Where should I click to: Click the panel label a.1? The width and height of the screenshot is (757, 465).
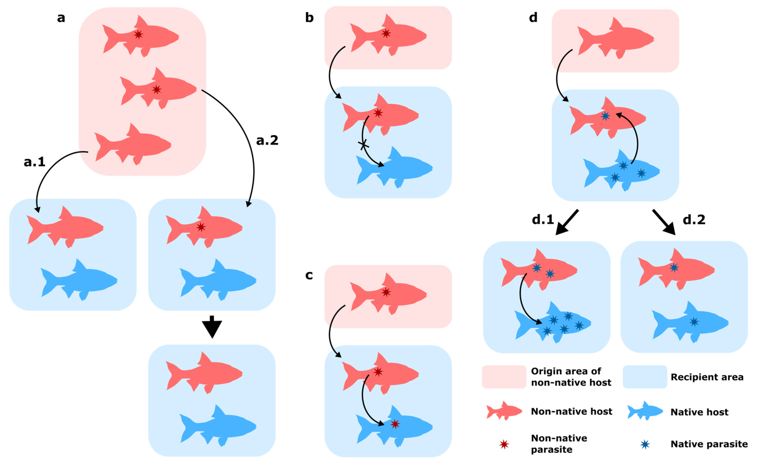(x=34, y=162)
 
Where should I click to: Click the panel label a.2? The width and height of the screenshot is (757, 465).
(x=267, y=141)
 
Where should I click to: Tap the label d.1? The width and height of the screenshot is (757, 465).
(x=543, y=220)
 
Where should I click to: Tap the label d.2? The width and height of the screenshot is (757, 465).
(x=694, y=220)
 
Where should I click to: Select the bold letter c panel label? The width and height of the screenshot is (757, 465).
(x=309, y=275)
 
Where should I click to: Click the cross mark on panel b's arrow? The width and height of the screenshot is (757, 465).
(x=364, y=145)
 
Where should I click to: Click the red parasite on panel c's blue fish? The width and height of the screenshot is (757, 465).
(x=395, y=424)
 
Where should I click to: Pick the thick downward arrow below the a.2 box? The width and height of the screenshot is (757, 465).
(x=212, y=327)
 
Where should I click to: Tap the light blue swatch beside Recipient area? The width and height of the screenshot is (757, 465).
(x=645, y=377)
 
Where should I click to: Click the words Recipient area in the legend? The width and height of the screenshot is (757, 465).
(x=707, y=377)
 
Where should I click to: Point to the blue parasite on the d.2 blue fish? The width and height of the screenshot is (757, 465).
(x=694, y=322)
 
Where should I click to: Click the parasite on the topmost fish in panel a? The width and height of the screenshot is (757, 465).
(x=138, y=34)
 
